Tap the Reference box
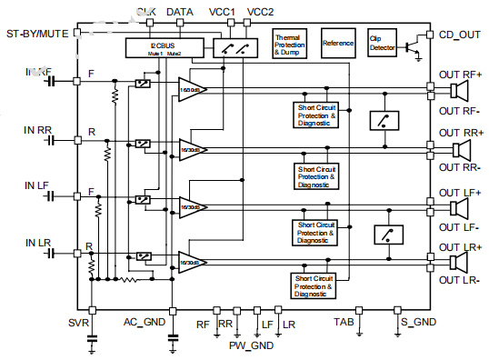[x=338, y=43]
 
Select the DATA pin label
[x=180, y=12]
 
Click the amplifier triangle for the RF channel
[x=191, y=89]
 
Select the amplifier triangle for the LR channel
[x=191, y=262]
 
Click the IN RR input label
[x=38, y=131]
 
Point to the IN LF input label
[x=37, y=185]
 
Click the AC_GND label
[x=145, y=323]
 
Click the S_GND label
[x=418, y=323]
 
